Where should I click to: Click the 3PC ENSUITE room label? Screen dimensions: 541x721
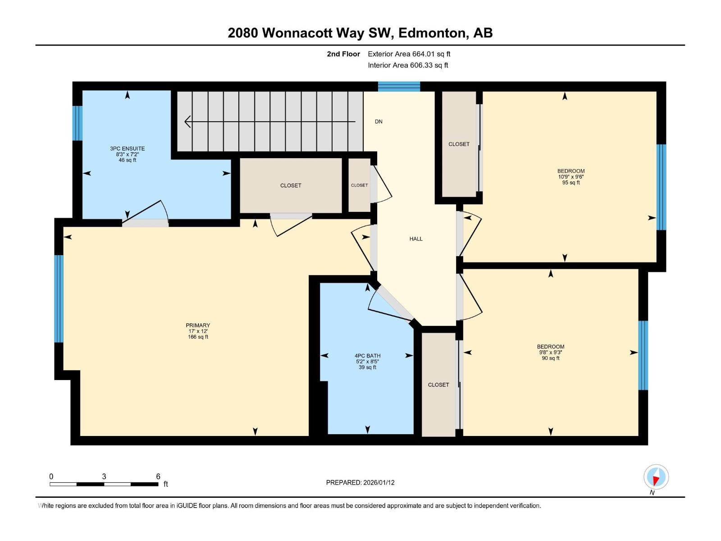[128, 149]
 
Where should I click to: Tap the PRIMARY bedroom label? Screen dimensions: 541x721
[198, 326]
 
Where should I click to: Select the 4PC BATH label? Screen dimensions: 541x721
[367, 356]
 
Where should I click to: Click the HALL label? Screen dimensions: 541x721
[416, 239]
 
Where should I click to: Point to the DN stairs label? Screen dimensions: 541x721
[379, 122]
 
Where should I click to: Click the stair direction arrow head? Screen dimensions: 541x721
[187, 122]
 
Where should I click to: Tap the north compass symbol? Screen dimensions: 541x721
[656, 477]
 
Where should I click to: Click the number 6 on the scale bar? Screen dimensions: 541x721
[158, 477]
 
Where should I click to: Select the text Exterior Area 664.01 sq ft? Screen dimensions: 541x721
[409, 54]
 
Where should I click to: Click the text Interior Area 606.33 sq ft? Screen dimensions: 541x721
[408, 65]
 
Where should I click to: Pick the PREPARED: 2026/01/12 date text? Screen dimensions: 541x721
[360, 482]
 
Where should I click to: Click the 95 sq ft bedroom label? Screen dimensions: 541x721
[571, 177]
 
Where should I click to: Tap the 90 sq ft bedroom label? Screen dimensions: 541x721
[550, 353]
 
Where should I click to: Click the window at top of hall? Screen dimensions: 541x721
[399, 86]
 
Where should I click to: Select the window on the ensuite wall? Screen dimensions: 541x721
[78, 123]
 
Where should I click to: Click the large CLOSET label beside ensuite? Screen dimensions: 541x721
[291, 186]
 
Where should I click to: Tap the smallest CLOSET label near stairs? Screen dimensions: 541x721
[359, 185]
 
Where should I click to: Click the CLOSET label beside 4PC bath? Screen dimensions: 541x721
[438, 385]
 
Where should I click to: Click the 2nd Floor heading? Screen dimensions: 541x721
[343, 54]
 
